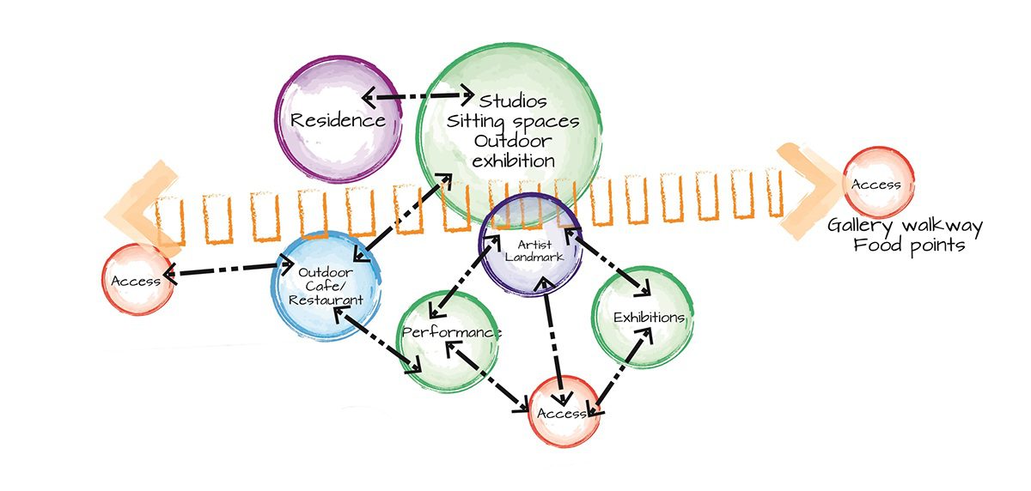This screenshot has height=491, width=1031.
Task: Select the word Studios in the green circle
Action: tap(513, 101)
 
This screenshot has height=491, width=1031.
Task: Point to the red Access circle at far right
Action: tap(875, 184)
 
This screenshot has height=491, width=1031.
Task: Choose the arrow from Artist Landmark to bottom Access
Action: tap(554, 339)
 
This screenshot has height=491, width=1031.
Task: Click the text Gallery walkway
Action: tap(905, 227)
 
